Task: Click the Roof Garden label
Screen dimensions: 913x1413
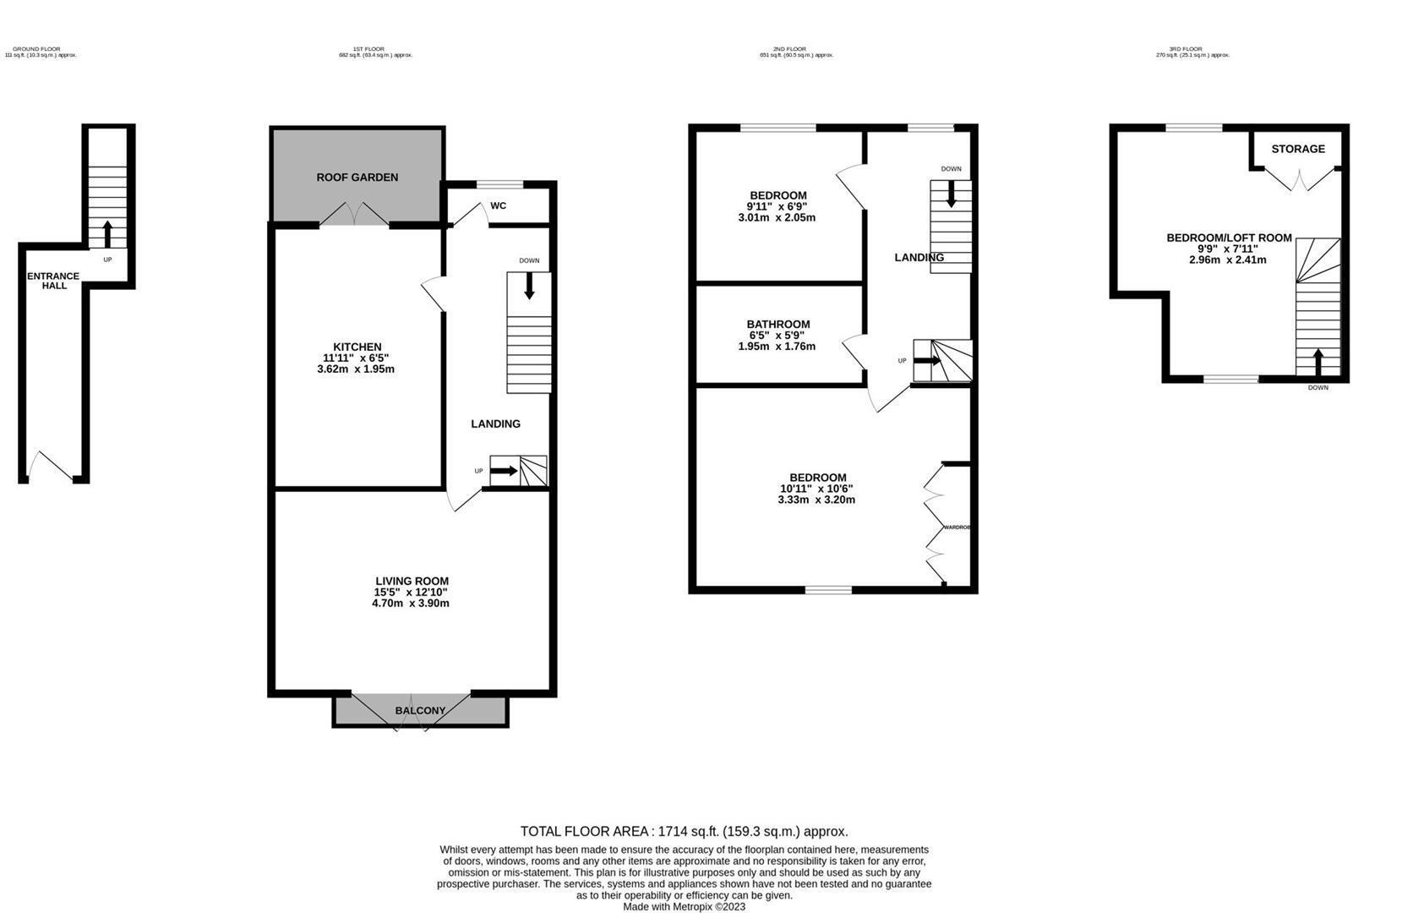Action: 357,178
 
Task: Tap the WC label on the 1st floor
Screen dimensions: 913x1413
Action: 498,205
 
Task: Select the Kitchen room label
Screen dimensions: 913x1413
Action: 357,347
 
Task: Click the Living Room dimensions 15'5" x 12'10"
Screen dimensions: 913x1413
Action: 412,593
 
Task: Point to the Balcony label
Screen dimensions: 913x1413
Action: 420,711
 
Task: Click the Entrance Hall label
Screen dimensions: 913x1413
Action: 53,281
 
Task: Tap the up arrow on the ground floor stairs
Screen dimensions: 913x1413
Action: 107,232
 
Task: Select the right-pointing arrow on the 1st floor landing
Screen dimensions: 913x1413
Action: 505,471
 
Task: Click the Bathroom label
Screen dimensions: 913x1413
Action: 777,324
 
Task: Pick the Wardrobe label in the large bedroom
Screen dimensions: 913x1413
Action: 957,528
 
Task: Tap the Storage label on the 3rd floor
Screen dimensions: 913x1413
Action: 1297,149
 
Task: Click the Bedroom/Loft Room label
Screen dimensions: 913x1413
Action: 1228,238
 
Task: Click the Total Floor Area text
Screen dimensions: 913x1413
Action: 684,832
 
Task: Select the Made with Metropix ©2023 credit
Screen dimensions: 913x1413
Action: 684,907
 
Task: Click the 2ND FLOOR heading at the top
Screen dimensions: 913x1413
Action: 789,50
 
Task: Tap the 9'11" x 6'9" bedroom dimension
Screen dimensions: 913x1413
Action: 776,206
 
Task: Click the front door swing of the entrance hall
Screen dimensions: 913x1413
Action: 52,466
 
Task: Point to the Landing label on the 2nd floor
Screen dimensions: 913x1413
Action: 919,258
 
